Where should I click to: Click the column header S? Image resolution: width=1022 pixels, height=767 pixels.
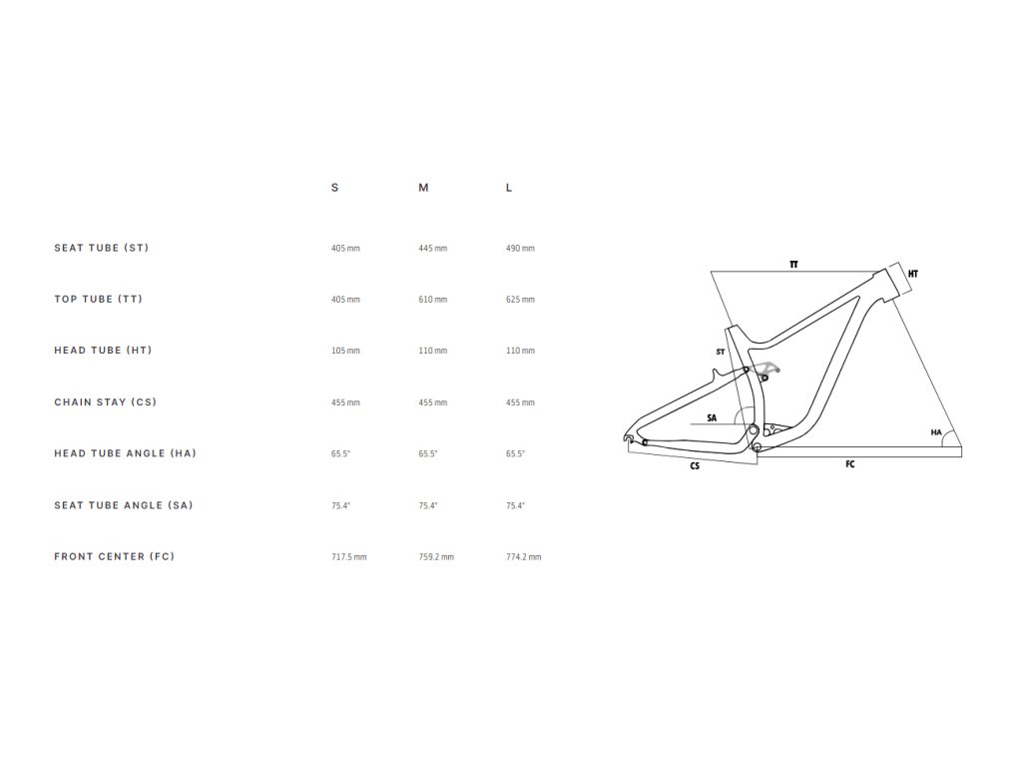(334, 188)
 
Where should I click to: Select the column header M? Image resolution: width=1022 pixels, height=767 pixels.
(423, 188)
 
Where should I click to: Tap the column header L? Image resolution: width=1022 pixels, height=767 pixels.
(509, 188)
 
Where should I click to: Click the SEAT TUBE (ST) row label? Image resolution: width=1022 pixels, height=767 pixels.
(102, 248)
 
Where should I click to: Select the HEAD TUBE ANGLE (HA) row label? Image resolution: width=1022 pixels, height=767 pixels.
(125, 453)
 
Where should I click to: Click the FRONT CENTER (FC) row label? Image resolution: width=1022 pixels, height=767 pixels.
(114, 556)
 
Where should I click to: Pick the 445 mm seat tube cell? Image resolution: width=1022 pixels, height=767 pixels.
(433, 248)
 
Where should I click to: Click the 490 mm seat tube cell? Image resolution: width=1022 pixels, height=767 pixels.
(520, 248)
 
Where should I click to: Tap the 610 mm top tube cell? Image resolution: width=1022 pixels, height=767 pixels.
(433, 300)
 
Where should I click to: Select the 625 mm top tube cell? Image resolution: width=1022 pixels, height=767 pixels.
(520, 300)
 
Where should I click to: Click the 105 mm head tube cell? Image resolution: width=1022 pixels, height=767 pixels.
(345, 351)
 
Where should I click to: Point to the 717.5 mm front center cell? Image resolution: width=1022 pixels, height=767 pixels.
(348, 557)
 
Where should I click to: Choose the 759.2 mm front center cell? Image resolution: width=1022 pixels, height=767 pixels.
(436, 557)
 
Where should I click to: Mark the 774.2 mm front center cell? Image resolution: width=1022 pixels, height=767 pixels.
(523, 557)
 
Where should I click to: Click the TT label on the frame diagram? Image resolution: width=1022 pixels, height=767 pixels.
(793, 265)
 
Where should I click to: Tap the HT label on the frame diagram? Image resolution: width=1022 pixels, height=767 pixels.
(913, 273)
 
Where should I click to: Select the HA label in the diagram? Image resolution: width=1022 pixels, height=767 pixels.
(936, 432)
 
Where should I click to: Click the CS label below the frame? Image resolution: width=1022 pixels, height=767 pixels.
(695, 465)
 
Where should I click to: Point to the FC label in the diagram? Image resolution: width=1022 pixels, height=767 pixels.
(850, 464)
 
